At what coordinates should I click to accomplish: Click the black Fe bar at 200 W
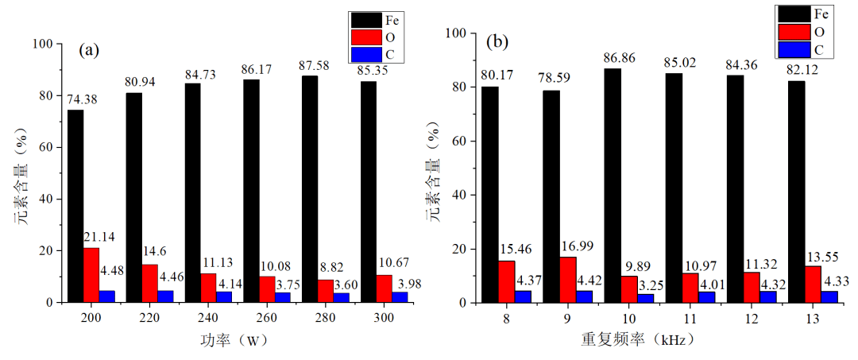[75, 206]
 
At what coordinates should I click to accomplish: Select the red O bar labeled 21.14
[91, 275]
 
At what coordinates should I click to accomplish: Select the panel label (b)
[499, 41]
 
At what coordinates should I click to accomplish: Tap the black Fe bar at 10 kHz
[613, 185]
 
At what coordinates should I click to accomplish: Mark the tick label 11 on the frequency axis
[674, 317]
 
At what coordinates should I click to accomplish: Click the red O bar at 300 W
[385, 288]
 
